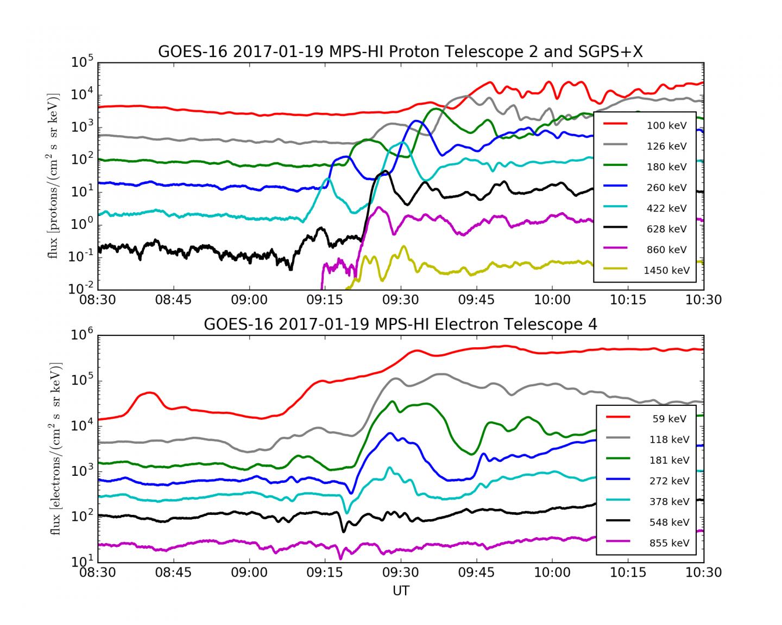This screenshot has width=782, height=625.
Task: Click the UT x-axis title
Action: click(400, 591)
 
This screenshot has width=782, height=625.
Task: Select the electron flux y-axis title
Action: click(55, 449)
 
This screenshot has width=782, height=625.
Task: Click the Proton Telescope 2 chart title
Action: click(400, 52)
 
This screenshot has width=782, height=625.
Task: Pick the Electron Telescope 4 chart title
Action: click(400, 324)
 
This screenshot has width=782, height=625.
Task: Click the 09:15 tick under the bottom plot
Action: click(325, 573)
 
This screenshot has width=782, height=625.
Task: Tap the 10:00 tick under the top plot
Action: click(552, 300)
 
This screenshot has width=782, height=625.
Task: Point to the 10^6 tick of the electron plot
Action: click(82, 336)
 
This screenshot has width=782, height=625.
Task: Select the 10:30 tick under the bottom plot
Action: click(704, 573)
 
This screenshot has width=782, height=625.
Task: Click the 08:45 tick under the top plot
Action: click(173, 300)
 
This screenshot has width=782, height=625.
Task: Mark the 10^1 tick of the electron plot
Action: click(82, 562)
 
